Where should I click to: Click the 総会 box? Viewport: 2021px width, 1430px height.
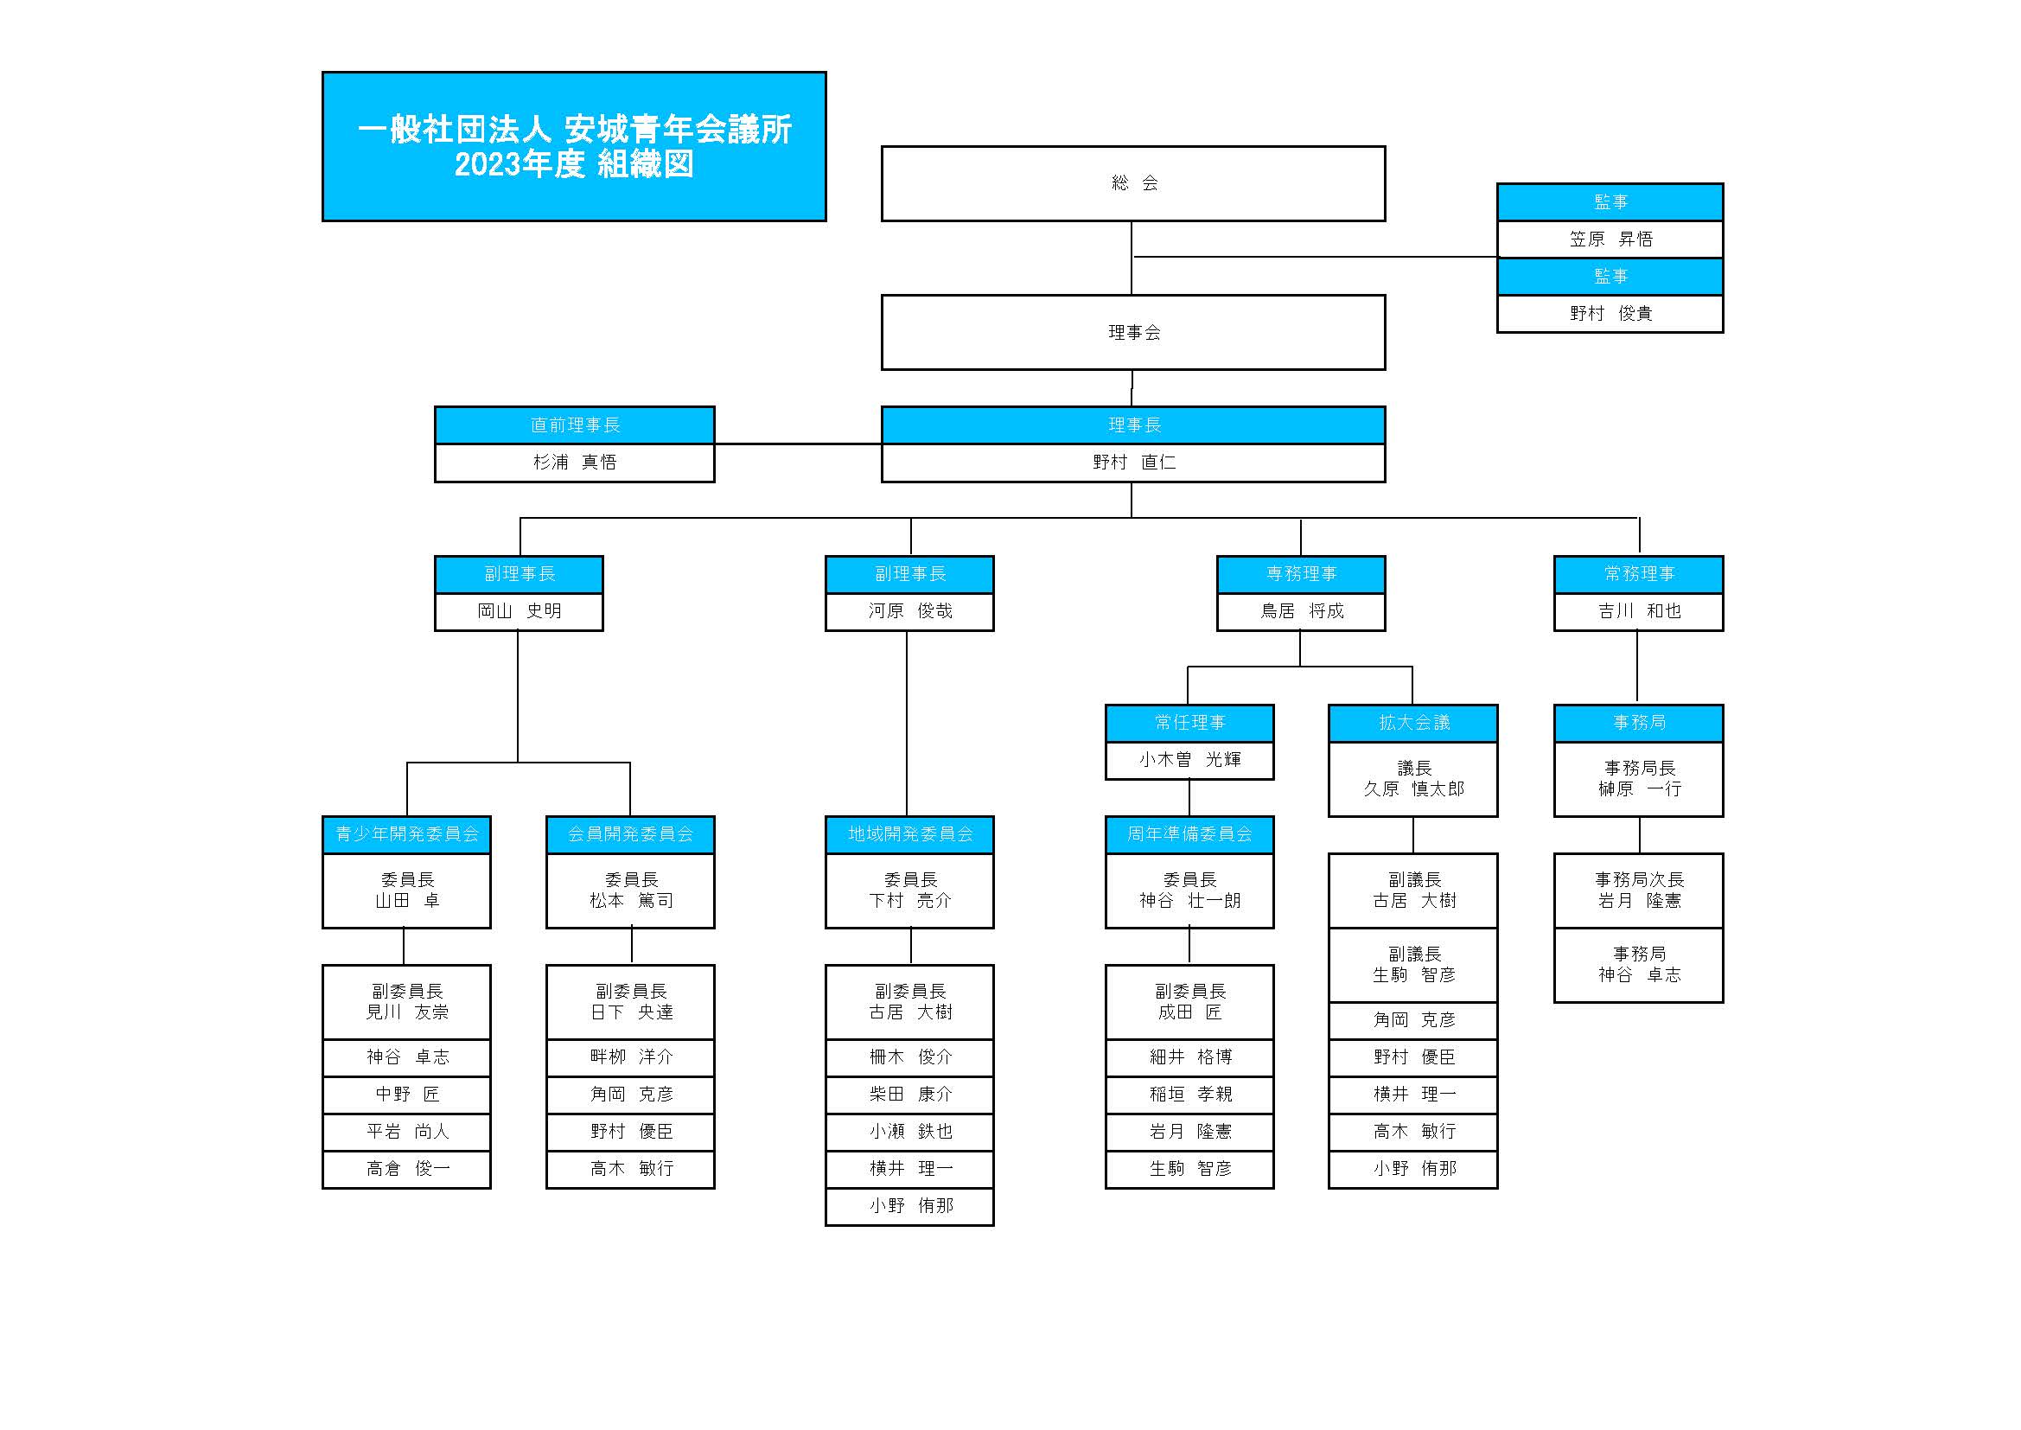(x=1133, y=183)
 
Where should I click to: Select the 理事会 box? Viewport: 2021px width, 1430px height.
(x=1133, y=332)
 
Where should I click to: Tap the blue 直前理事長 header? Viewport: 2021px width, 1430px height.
(x=575, y=425)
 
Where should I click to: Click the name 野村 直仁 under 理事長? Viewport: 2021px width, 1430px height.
(x=1134, y=463)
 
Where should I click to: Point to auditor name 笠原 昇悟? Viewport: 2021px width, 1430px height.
(x=1610, y=239)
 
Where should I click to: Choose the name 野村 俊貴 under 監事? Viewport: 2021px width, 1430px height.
(x=1610, y=314)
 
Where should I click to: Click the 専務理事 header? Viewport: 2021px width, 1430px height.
(x=1301, y=574)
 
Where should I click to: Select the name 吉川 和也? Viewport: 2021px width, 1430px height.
(x=1639, y=611)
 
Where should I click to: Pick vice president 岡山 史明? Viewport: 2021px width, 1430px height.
(x=520, y=611)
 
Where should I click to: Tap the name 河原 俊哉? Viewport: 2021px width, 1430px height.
(x=910, y=611)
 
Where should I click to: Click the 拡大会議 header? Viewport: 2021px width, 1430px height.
(x=1412, y=723)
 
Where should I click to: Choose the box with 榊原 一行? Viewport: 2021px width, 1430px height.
(x=1639, y=779)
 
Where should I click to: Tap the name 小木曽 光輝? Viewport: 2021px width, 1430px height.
(x=1189, y=760)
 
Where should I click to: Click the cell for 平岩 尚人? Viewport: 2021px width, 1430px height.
(x=406, y=1132)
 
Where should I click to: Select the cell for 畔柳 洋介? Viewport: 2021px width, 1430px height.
(x=630, y=1057)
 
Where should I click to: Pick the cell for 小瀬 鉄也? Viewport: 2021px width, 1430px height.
(x=910, y=1132)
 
